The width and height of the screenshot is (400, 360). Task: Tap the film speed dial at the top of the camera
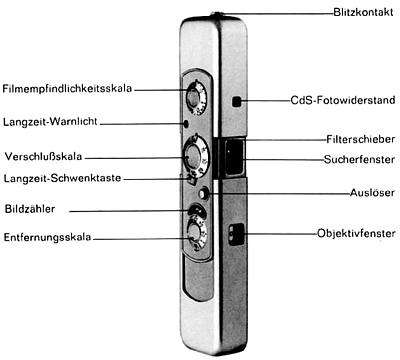tap(194, 97)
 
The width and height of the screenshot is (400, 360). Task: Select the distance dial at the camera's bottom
tap(193, 235)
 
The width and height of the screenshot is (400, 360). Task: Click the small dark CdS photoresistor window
tap(235, 102)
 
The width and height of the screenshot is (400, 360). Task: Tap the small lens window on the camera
tap(236, 237)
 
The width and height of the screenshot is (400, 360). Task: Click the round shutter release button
tap(205, 193)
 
